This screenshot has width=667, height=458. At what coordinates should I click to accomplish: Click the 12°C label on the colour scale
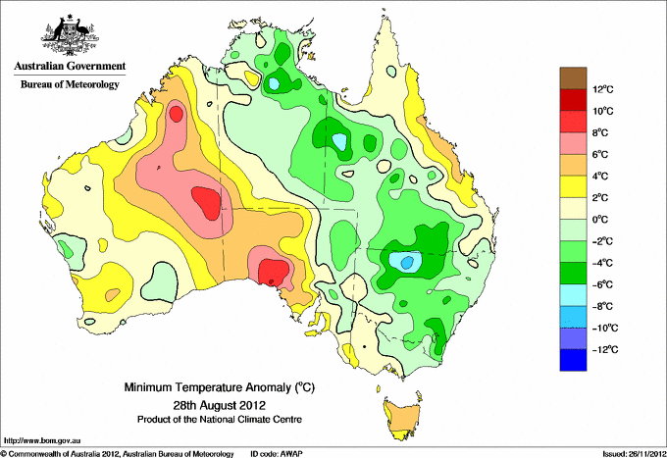[603, 89]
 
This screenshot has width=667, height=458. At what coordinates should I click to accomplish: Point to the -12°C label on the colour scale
[605, 349]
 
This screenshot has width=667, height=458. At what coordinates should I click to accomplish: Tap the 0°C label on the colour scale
[600, 220]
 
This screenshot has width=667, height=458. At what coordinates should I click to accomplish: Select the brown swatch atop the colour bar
[573, 78]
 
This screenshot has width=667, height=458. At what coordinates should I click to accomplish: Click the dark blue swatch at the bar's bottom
[573, 360]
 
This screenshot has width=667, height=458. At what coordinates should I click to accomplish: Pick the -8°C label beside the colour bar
[602, 306]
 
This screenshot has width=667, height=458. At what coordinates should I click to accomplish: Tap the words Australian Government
[70, 66]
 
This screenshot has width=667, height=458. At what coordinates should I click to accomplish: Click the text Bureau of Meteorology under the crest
[70, 84]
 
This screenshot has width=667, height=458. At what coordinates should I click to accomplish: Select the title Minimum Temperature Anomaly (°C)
[219, 387]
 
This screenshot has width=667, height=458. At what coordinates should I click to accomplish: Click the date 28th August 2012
[219, 404]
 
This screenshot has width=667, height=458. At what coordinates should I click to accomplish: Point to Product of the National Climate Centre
[220, 420]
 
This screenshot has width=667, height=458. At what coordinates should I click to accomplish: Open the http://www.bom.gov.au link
[42, 440]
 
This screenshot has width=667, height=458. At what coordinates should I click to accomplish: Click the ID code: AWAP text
[277, 454]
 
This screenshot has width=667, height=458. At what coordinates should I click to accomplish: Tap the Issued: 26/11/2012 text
[634, 454]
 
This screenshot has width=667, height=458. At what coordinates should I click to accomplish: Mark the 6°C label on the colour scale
[600, 154]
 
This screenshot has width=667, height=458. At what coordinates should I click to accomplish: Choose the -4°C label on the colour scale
[602, 263]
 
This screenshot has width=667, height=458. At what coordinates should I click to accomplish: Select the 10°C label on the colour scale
[603, 111]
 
